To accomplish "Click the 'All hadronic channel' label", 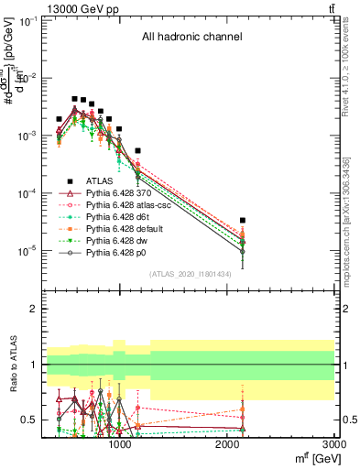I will coord(191,38).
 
